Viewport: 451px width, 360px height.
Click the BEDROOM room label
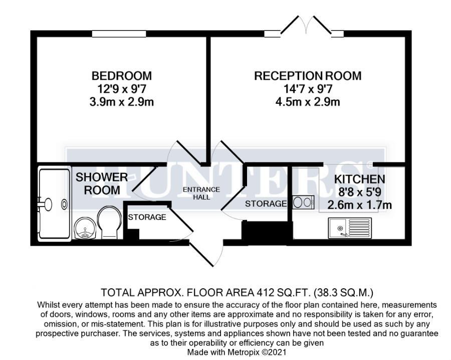point(121,76)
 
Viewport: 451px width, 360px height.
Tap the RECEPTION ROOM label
point(307,76)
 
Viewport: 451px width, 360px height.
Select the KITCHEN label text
point(360,179)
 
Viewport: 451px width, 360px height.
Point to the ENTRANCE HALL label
point(200,193)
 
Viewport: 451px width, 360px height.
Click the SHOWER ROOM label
point(102,184)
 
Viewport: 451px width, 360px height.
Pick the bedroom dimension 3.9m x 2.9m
point(121,102)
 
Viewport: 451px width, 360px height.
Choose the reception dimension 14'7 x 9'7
point(307,89)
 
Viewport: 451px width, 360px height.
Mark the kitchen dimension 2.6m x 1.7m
point(359,205)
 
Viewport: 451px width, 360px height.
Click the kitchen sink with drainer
point(349,228)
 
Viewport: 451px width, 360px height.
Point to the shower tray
point(54,204)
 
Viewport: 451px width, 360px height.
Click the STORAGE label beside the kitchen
point(266,204)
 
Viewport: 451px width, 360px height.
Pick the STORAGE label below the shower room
point(147,217)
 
